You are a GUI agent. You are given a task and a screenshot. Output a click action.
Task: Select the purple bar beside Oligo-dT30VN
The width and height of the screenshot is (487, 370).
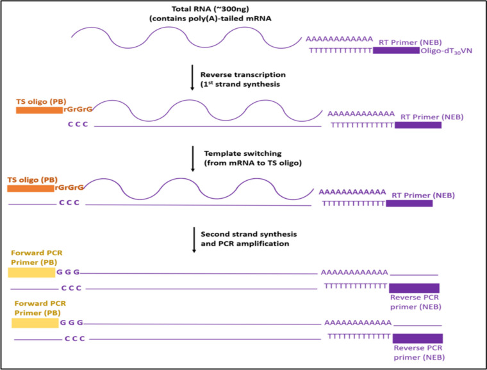click(396, 50)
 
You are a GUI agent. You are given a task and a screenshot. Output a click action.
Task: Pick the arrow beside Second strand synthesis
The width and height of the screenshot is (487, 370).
click(192, 239)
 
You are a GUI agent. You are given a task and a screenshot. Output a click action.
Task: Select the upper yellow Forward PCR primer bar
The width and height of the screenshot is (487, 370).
click(31, 273)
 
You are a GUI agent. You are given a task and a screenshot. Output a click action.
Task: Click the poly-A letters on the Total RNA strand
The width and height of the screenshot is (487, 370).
click(339, 39)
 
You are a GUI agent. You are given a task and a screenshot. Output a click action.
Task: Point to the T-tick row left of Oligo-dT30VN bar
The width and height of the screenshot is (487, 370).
click(340, 50)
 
